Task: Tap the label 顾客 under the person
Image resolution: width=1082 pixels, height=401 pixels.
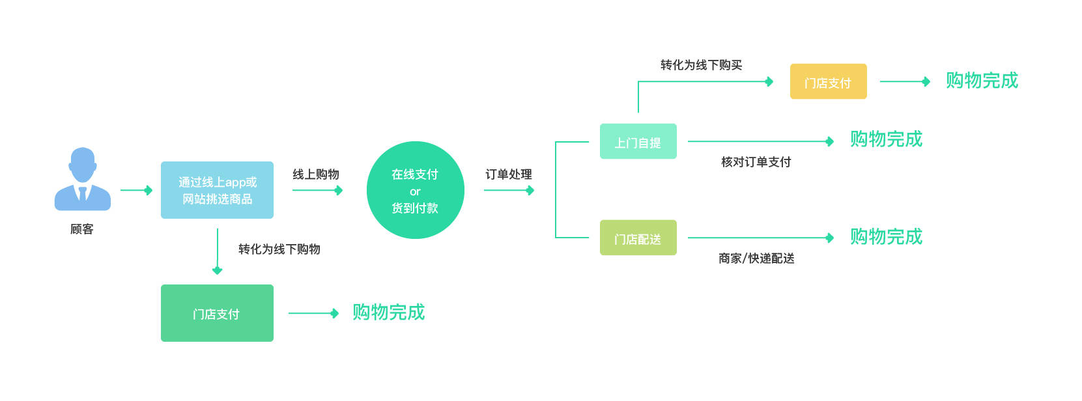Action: pos(82,229)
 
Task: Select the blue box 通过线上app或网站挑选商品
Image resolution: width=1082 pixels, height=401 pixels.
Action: pos(217,190)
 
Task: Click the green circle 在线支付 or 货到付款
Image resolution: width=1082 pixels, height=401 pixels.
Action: pos(415,190)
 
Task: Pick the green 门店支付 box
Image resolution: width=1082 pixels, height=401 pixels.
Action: pos(217,313)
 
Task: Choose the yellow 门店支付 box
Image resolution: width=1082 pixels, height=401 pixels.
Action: pos(828,81)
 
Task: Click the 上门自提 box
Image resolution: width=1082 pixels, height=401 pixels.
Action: pos(638,141)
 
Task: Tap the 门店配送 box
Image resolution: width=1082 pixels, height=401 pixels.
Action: pos(638,238)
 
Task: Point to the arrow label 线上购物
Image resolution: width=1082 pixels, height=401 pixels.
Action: pos(316,174)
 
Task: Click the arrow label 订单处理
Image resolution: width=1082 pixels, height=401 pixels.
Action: pos(509,174)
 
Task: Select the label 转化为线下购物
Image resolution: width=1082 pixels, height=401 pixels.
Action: pos(279,249)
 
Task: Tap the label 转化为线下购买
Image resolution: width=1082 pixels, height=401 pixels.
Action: pos(701,65)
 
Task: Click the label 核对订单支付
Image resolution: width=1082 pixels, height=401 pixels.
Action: pos(756,162)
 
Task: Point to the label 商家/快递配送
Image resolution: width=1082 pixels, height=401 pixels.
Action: pos(756,258)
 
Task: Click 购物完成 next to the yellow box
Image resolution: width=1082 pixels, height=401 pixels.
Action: pos(982,81)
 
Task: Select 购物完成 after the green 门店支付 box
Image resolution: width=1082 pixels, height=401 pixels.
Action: pos(388,312)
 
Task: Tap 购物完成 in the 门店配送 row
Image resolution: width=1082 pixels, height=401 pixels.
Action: pos(886,237)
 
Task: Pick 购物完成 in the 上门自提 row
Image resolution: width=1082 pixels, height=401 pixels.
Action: pos(886,139)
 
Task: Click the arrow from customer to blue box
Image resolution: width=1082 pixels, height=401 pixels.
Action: pos(136,190)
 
